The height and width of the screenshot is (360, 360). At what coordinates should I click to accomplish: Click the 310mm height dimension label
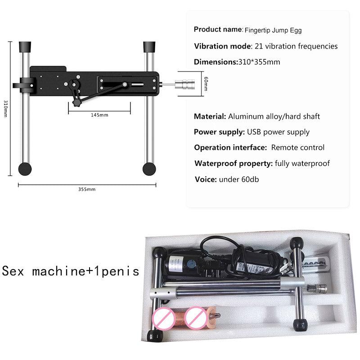(5, 108)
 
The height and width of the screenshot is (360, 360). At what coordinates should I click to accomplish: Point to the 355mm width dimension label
(87, 189)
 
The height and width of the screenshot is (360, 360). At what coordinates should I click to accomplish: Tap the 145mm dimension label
(99, 115)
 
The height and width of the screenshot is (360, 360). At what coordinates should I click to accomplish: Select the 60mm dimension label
(206, 84)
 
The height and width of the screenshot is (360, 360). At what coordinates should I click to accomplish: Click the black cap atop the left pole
(25, 46)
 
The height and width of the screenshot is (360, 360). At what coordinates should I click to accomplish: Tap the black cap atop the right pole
(149, 46)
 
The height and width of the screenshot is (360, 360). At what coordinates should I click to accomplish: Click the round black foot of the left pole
(25, 169)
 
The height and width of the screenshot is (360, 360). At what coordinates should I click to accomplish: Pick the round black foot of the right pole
(149, 169)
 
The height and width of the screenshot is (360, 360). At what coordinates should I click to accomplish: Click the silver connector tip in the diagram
(185, 84)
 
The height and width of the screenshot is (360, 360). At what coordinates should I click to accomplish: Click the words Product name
(218, 30)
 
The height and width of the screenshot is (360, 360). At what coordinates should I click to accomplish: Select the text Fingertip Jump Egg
(273, 31)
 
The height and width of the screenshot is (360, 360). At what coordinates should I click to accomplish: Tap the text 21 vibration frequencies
(296, 46)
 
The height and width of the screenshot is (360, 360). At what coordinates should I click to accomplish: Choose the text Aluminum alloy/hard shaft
(274, 117)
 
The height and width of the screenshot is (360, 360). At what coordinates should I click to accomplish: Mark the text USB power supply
(278, 132)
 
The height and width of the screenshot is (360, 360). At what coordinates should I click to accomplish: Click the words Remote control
(297, 148)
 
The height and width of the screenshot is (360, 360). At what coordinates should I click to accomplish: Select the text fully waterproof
(302, 163)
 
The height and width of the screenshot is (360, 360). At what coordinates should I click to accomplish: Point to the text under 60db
(238, 179)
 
